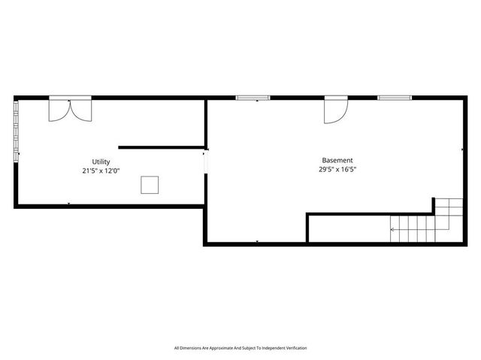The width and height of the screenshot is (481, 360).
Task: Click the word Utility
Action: click(101, 162)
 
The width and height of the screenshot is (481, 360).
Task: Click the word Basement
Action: click(337, 160)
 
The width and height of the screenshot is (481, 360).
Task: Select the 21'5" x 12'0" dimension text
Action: click(101, 171)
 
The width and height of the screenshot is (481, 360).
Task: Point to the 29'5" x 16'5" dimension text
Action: click(337, 169)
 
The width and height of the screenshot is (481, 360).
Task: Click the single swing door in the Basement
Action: click(334, 110)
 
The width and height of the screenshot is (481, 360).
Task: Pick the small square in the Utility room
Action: click(150, 185)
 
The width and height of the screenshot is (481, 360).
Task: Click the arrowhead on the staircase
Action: click(392, 229)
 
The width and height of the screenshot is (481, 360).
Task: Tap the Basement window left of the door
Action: click(253, 97)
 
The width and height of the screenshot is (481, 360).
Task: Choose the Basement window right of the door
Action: click(395, 97)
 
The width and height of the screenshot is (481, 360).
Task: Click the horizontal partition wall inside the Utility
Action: click(161, 147)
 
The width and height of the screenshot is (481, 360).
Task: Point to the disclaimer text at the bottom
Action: click(240, 348)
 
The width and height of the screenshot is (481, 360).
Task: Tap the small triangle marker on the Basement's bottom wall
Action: click(257, 241)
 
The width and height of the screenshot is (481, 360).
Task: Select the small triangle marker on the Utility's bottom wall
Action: click(69, 203)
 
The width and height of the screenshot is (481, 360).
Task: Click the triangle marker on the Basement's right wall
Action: click(461, 150)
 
